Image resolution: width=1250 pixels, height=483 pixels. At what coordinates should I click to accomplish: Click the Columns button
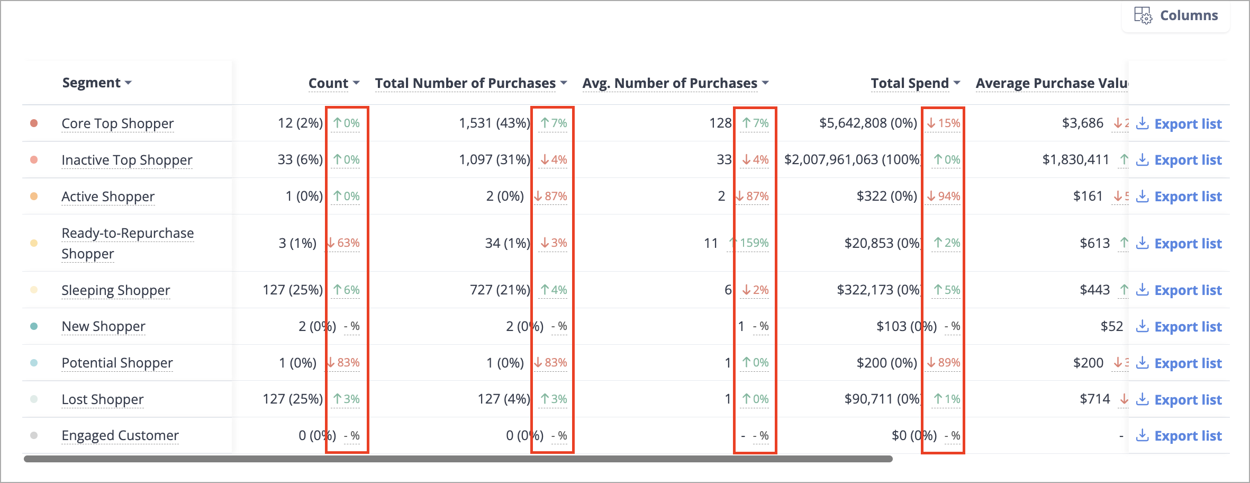click(1176, 16)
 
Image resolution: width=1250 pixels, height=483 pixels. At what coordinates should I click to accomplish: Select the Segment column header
click(97, 83)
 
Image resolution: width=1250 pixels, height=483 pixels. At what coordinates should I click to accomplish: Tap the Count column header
click(334, 83)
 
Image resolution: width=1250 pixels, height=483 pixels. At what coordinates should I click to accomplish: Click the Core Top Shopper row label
click(117, 123)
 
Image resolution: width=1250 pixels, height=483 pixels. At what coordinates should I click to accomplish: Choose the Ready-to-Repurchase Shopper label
click(128, 243)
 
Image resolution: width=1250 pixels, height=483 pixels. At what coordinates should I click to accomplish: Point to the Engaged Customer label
click(120, 435)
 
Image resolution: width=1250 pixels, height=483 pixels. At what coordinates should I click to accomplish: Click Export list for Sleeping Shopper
click(1179, 290)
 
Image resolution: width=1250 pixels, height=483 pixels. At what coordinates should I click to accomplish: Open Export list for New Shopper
click(1179, 327)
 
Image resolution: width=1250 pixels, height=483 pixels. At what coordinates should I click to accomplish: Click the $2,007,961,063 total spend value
click(853, 159)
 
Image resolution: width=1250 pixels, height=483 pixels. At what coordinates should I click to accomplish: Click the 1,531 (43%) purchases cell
click(494, 123)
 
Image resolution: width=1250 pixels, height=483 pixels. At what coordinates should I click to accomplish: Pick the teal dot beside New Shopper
click(34, 326)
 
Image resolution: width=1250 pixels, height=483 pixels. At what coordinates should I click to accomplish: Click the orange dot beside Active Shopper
click(34, 196)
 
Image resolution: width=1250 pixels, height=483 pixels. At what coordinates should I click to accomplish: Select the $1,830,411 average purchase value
click(1075, 159)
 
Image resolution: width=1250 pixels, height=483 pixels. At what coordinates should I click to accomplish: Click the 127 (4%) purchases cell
click(504, 399)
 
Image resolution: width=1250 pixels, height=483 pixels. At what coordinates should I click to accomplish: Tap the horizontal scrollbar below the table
click(458, 459)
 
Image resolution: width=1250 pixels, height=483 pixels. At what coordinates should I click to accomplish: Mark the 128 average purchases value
click(720, 123)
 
